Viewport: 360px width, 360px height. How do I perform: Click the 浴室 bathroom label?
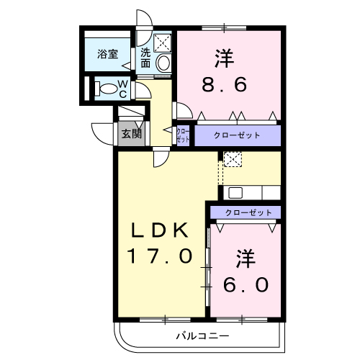[107, 54]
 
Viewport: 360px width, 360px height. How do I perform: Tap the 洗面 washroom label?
[145, 58]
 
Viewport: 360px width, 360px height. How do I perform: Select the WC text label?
[122, 89]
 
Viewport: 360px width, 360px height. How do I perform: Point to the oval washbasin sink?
[163, 63]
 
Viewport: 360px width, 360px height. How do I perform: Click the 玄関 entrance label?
[131, 134]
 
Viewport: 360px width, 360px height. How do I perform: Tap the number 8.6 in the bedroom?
[224, 84]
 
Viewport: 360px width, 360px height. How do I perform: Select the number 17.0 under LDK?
[160, 256]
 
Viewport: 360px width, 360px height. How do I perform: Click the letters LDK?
[160, 230]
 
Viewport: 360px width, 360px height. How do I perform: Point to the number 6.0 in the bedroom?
[246, 284]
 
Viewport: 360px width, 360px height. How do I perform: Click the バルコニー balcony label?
[203, 336]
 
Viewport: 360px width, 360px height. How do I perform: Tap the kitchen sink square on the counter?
[235, 193]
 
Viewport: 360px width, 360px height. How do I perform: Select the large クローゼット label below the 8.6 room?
[237, 135]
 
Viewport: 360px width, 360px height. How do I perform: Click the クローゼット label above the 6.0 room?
[248, 212]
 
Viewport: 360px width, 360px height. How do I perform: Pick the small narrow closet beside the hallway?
[183, 135]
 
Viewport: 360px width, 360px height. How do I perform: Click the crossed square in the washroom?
[163, 42]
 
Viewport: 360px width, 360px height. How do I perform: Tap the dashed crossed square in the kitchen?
[233, 159]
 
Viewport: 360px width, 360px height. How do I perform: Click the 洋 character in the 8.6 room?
[225, 58]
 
